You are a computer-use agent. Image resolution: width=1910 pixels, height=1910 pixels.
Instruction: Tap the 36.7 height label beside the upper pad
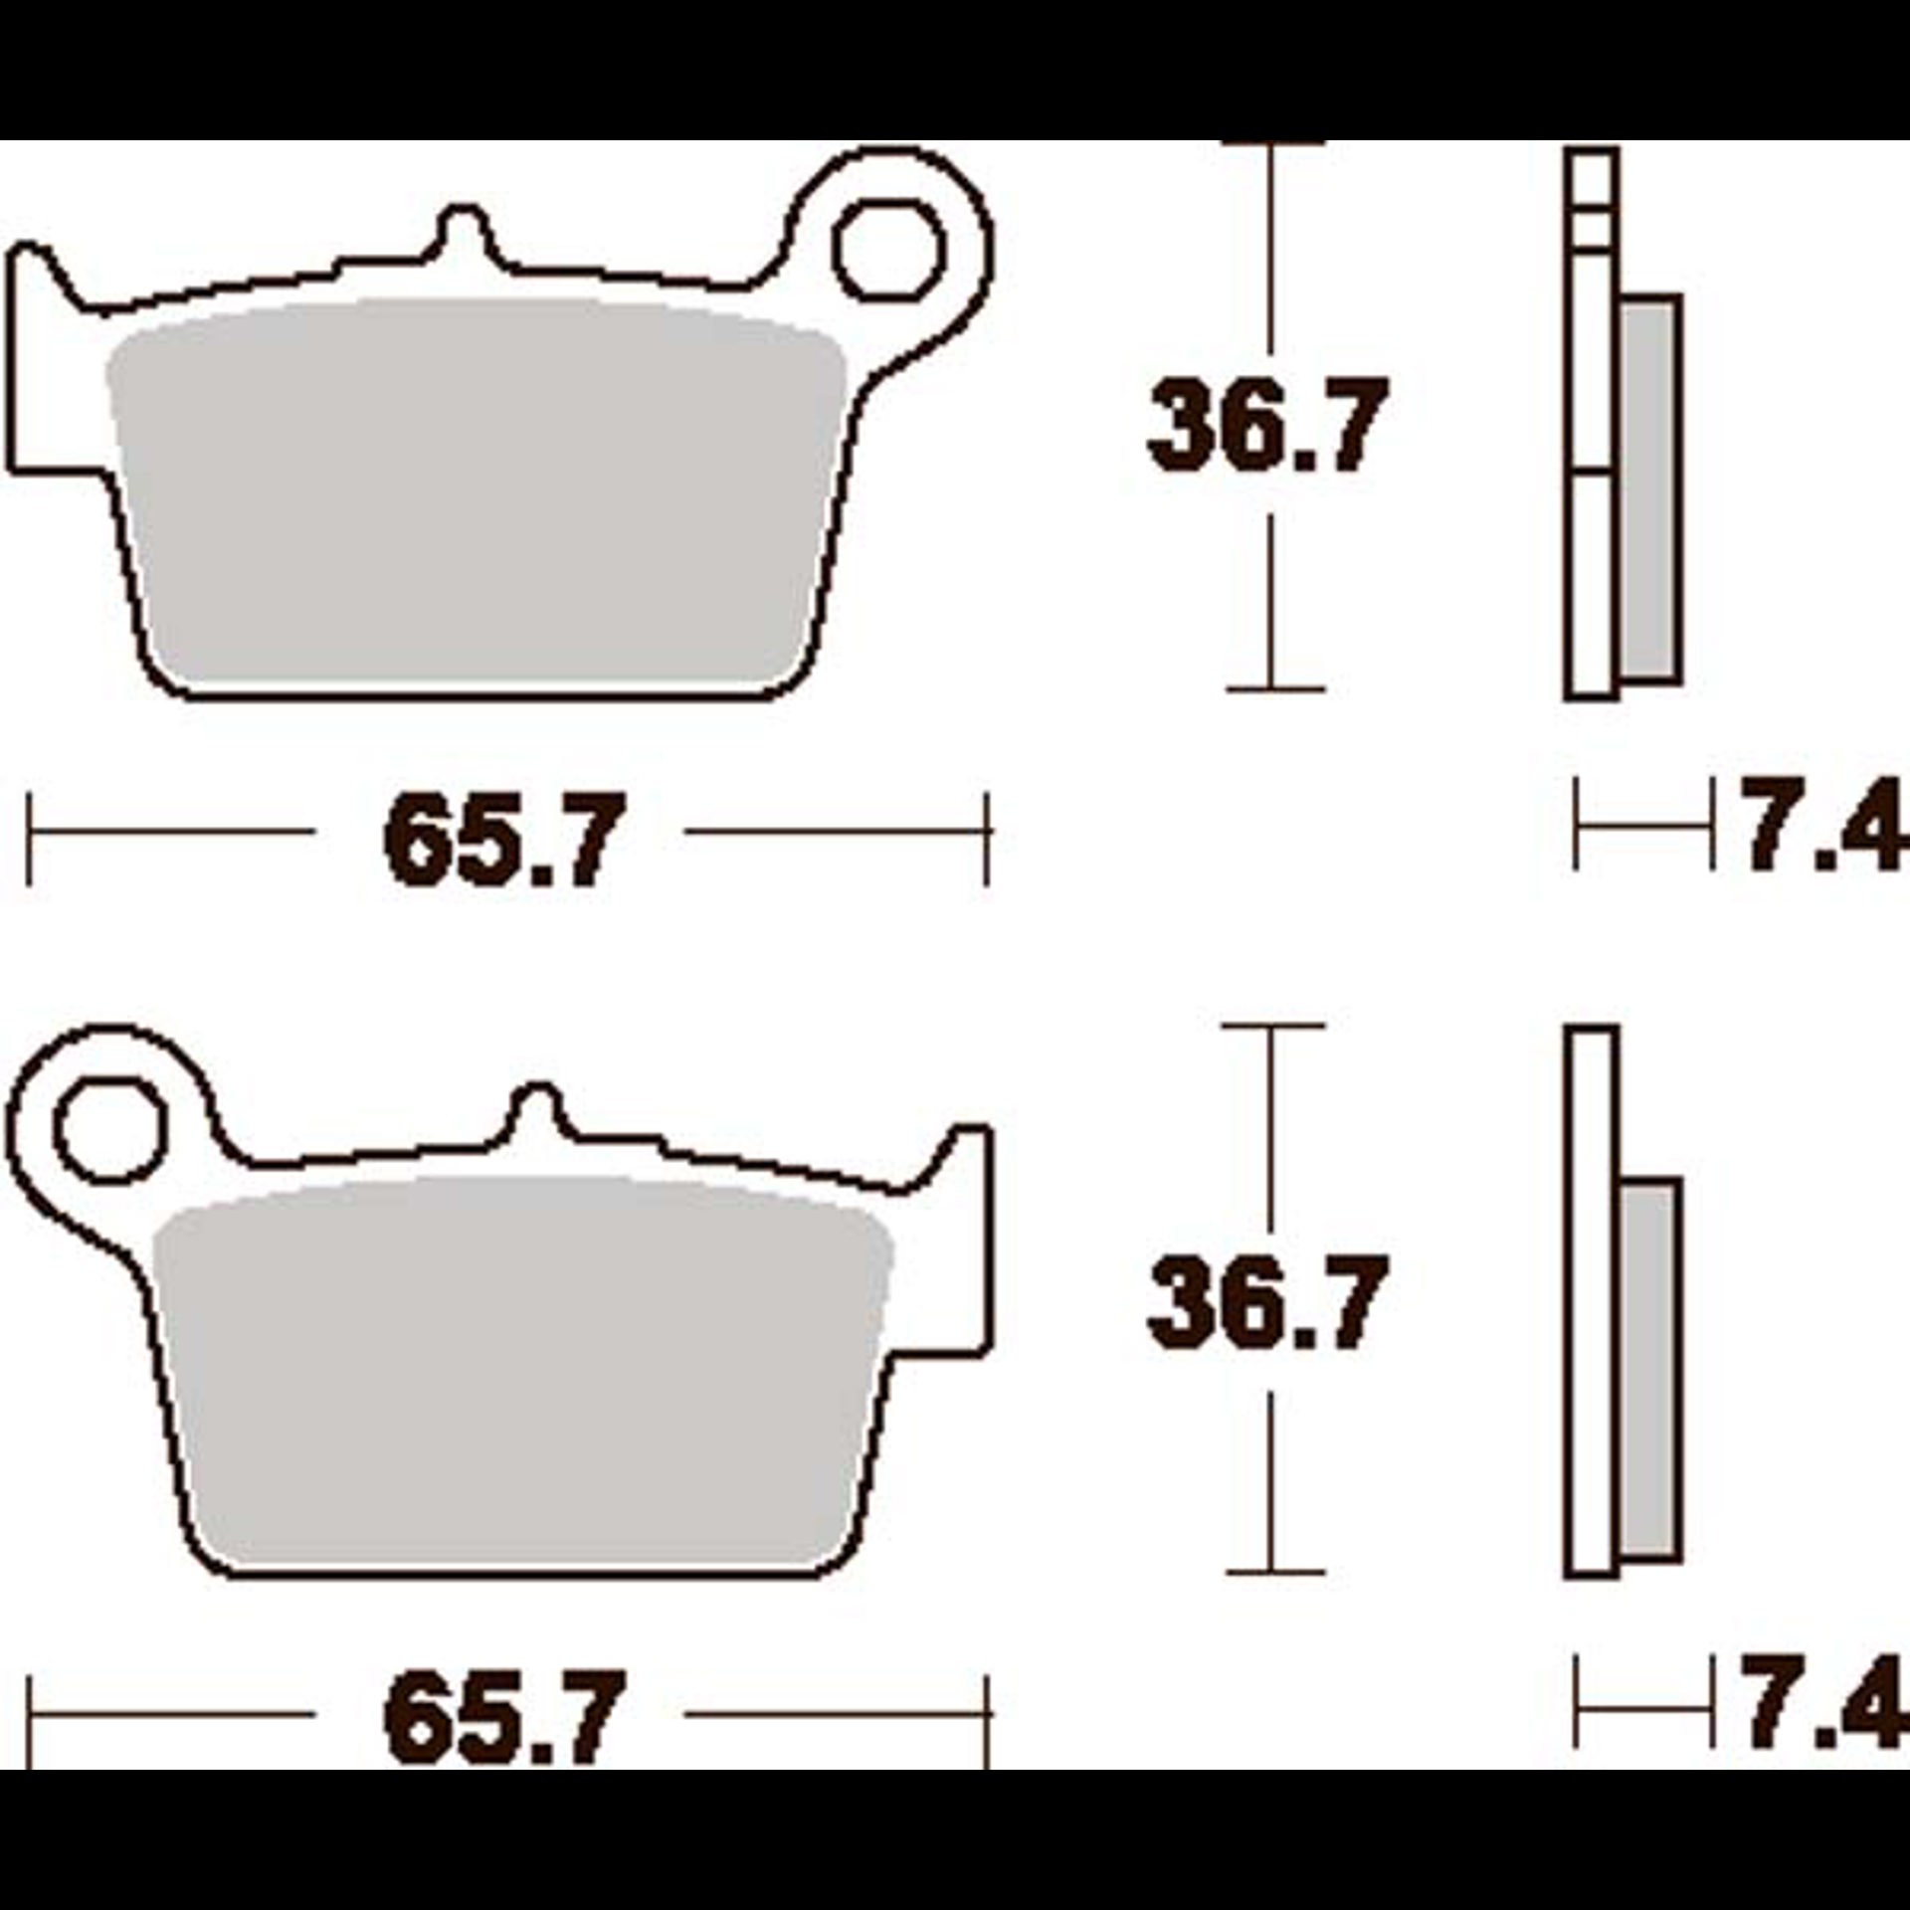[x=1265, y=425]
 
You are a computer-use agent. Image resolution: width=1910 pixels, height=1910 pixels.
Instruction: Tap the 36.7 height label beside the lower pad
[x=1265, y=1301]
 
